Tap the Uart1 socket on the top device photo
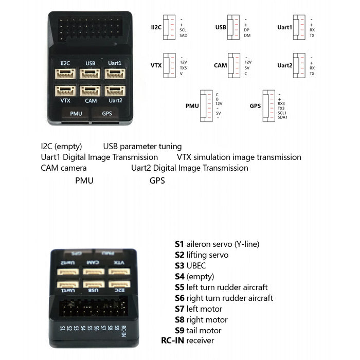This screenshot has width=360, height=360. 115,74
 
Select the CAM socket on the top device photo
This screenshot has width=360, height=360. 91,91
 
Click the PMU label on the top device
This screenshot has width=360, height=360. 76,113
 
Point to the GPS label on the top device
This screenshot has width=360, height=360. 107,113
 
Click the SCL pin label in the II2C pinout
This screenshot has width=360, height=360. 183,30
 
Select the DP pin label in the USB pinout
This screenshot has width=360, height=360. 247,30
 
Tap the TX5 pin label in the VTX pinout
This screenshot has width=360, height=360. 184,67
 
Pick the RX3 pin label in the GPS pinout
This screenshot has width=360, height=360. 281,103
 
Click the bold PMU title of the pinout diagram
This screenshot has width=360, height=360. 192,106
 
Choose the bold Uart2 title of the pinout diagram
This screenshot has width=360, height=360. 284,65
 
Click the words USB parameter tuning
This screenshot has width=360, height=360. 142,147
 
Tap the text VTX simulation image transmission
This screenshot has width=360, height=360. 239,157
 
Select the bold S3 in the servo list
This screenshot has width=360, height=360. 179,265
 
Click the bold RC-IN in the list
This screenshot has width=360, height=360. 173,340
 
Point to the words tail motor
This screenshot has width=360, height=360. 204,330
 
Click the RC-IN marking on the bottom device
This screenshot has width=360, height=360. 123,329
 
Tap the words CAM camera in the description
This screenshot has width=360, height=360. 64,168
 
